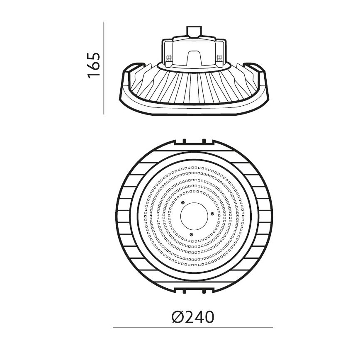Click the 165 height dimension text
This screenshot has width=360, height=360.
94,65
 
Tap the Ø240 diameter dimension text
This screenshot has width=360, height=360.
192,317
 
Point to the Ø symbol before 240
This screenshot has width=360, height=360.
177,317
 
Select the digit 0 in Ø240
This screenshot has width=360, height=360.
209,317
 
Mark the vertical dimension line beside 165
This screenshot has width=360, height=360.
104,68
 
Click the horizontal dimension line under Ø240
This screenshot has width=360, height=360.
192,328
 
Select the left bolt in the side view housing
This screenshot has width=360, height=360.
168,60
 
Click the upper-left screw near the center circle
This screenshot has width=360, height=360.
182,202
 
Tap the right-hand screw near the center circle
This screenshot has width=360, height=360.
212,214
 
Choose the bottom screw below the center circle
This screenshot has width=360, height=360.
191,234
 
